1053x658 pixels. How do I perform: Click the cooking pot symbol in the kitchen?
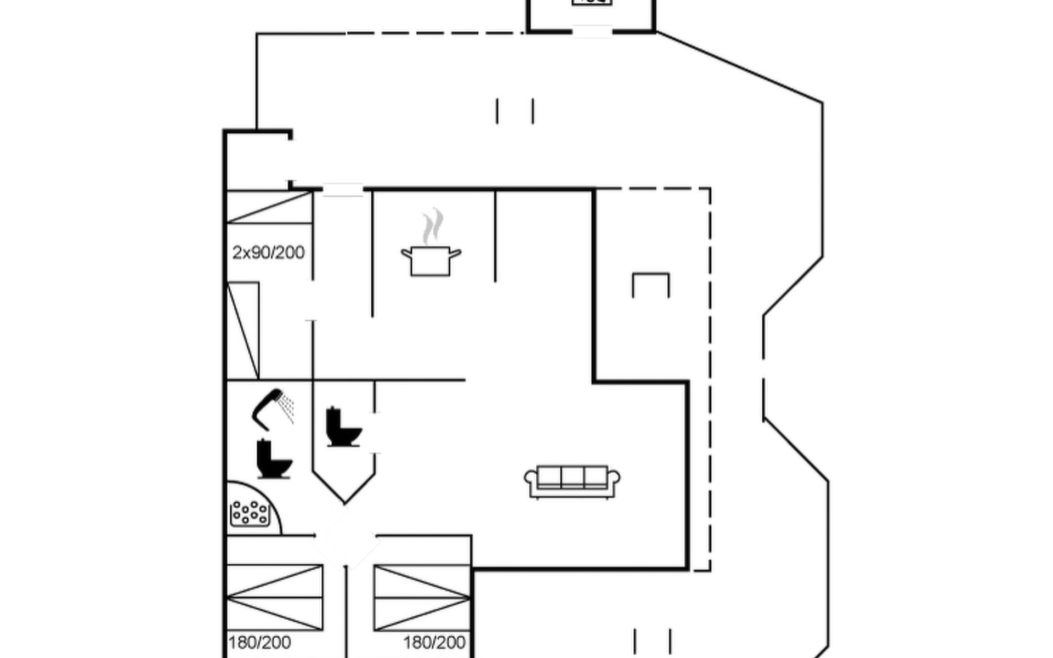(431, 262)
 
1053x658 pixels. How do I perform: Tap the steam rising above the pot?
(432, 226)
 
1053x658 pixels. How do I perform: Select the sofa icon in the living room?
(572, 481)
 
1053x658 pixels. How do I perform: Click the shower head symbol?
(266, 408)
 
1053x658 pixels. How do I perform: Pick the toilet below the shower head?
(274, 459)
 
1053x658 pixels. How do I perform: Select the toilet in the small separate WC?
(343, 427)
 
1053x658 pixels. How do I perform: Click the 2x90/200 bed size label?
(268, 253)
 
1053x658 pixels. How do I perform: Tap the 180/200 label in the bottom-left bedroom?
(259, 642)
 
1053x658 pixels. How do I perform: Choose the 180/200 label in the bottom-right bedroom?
(434, 642)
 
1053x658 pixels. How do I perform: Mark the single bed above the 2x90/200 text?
(269, 207)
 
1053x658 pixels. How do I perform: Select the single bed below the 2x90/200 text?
(243, 330)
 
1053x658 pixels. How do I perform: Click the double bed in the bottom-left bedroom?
(275, 598)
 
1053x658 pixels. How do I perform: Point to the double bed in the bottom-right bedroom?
(422, 598)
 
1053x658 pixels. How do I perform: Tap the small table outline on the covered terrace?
(650, 284)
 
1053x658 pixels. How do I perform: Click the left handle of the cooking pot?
(406, 253)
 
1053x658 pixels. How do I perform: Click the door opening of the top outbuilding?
(592, 31)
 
